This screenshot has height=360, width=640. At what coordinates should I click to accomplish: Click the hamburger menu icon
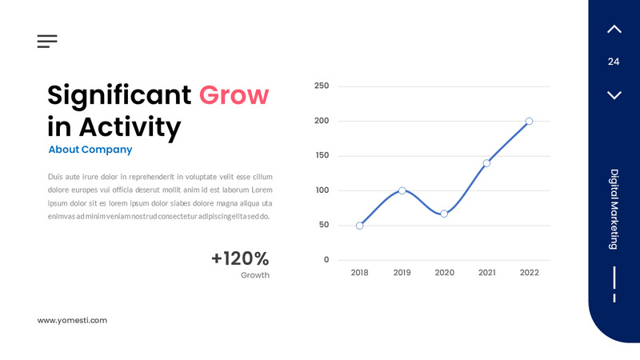(x=47, y=42)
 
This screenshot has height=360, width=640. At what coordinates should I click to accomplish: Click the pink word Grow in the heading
(x=234, y=95)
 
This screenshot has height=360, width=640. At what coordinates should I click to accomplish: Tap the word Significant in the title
(x=119, y=95)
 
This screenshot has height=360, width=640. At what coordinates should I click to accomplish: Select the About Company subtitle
(x=90, y=150)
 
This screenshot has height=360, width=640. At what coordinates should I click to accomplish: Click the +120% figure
(x=240, y=258)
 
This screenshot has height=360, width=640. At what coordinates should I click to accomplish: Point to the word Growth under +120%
(x=255, y=275)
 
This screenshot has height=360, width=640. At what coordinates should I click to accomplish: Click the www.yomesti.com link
(x=72, y=320)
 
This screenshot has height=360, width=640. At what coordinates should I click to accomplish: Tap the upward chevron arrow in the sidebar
(x=614, y=30)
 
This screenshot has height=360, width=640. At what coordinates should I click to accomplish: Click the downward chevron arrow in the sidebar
(x=614, y=95)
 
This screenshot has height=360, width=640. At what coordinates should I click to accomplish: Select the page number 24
(x=614, y=62)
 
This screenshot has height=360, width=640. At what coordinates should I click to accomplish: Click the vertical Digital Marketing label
(x=614, y=209)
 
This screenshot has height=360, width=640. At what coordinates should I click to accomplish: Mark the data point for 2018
(x=360, y=226)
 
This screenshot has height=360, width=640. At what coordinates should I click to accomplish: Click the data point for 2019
(x=402, y=190)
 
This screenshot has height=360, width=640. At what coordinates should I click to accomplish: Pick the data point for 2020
(x=444, y=214)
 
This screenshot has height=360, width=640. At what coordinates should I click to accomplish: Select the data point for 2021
(x=486, y=163)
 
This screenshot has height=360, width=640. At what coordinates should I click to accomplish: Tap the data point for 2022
(x=529, y=122)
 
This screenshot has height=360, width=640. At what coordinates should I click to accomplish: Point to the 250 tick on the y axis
(x=322, y=86)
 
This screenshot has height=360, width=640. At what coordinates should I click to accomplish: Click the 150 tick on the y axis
(x=322, y=155)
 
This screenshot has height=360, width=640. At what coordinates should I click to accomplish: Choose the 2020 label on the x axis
(x=444, y=273)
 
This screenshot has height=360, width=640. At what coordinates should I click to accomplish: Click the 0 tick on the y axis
(x=326, y=260)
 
